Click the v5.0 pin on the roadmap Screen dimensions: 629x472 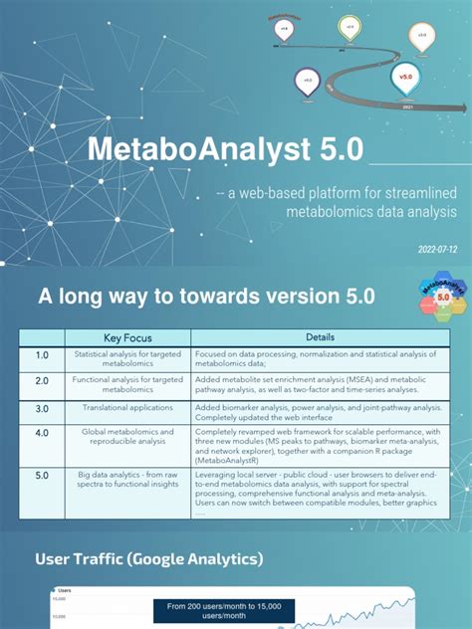coord(405,76)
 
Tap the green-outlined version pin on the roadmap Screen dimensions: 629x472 coord(348,26)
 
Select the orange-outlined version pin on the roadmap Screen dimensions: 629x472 coord(421,37)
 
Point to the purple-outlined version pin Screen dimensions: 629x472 coord(308,80)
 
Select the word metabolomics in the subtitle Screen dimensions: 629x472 coord(328,211)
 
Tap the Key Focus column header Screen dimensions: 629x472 coord(127,337)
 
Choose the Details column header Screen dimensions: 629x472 coord(320,337)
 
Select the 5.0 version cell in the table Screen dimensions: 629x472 coord(42,476)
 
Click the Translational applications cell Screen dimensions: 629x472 coord(127,409)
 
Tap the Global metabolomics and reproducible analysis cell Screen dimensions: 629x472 coord(127,438)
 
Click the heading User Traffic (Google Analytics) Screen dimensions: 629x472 coord(149,559)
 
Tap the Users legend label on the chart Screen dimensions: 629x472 coord(75,590)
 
